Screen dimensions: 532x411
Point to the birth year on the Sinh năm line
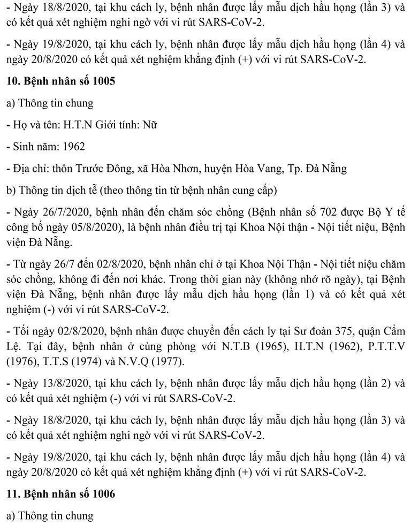[73, 146]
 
